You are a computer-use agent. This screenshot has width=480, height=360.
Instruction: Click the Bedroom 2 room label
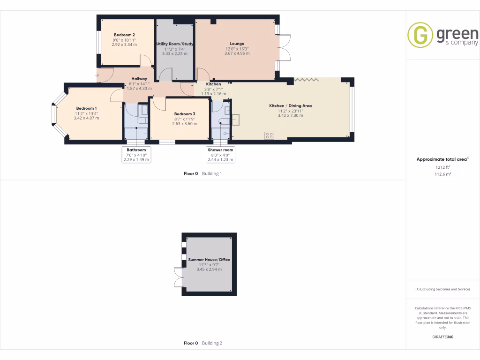pos(124,35)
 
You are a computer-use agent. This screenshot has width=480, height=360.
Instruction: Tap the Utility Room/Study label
pos(174,44)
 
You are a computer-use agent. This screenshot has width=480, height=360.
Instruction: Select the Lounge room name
pos(237,44)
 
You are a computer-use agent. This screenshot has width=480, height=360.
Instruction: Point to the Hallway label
pos(139,79)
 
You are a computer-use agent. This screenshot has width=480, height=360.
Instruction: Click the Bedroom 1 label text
pos(86,108)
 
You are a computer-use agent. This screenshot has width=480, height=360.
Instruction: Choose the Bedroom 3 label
pos(184,114)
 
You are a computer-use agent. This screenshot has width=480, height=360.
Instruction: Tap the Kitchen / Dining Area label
pos(290,106)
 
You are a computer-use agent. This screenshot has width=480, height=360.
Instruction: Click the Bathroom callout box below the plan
pos(136,155)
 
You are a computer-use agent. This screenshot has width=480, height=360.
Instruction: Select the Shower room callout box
pos(220,155)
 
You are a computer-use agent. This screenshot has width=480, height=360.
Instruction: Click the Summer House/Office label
pos(209,259)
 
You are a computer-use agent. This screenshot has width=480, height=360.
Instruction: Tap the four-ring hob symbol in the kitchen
pos(270,135)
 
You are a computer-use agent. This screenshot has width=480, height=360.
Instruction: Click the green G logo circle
pos(420,35)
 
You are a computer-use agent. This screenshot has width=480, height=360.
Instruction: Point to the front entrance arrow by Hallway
pos(98,75)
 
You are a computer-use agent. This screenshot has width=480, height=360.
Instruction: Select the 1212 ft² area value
pos(442,167)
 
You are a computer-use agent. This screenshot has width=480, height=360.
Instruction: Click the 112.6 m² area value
pos(442,174)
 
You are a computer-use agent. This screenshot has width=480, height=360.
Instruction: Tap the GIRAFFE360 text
pos(442,337)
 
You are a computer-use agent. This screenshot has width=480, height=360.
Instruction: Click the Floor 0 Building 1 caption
pos(202,173)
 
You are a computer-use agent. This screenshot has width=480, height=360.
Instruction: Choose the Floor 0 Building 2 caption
pos(202,343)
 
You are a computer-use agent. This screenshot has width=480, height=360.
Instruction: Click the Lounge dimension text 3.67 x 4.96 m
pos(237,53)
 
